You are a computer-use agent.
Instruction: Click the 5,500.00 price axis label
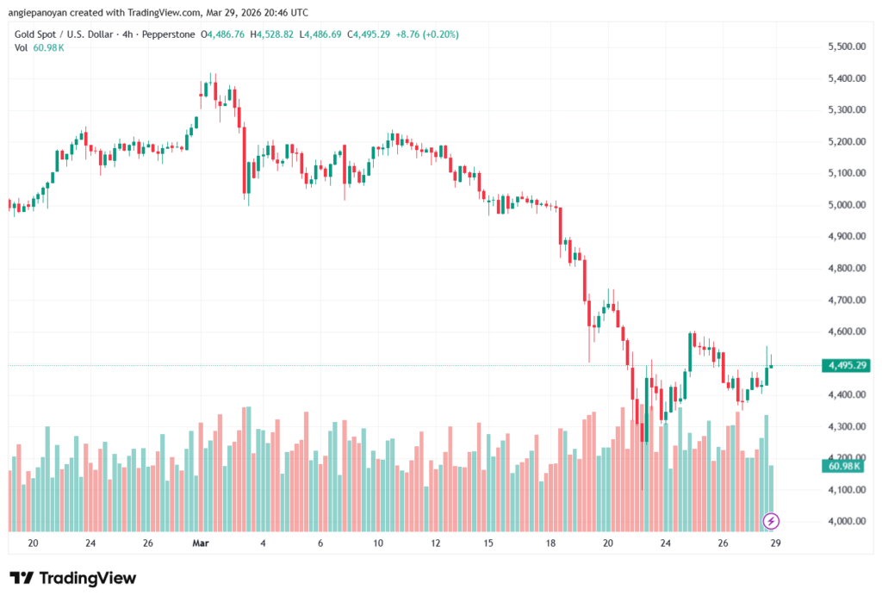pos(843,47)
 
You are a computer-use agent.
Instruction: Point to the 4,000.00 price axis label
pos(843,521)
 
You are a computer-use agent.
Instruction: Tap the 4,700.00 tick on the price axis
pos(843,300)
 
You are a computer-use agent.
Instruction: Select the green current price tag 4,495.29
pos(845,366)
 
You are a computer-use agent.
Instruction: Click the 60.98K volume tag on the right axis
pos(845,466)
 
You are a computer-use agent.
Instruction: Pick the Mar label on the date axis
pos(201,544)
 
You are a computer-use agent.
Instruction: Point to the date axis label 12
pos(436,544)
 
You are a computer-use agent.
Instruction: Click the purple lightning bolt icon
pos(772,520)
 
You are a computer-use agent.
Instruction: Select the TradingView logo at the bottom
pos(72,578)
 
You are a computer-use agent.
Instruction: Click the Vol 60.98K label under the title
pos(40,47)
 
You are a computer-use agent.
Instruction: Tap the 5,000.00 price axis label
pos(843,205)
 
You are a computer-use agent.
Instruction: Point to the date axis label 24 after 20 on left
pos(90,544)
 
